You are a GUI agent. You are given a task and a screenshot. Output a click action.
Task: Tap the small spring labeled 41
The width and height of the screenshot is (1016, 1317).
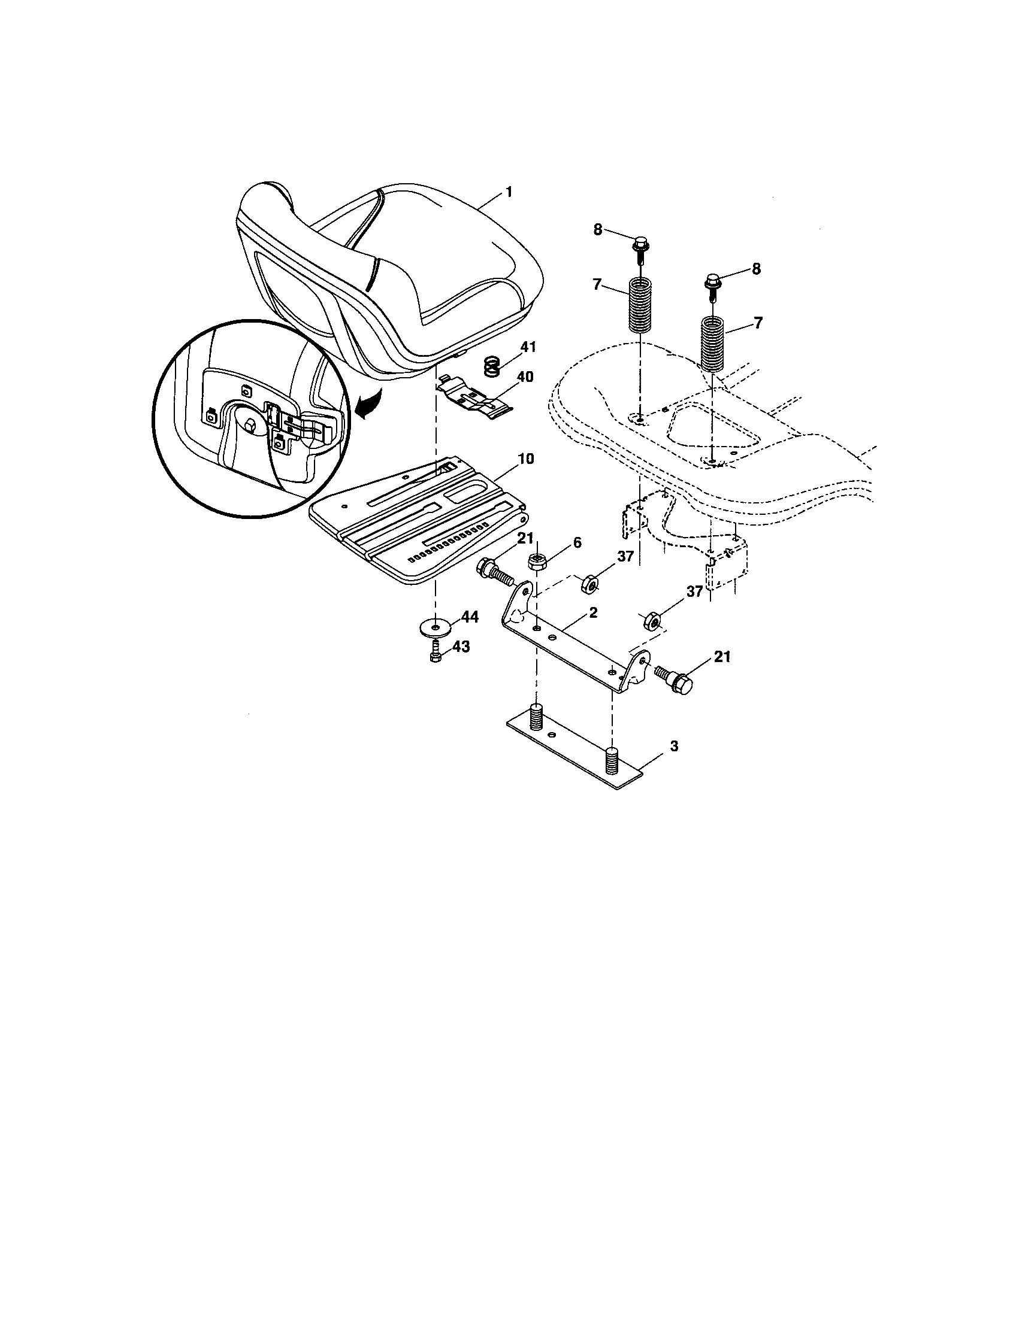(493, 366)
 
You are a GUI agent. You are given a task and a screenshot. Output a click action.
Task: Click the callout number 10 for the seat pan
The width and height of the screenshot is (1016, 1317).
(525, 459)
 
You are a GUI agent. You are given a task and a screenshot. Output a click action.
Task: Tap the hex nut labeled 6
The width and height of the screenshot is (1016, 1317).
(537, 562)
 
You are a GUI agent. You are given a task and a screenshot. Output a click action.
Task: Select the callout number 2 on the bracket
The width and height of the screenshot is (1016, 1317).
(593, 612)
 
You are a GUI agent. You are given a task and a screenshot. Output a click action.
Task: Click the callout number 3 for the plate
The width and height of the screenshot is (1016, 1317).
(674, 746)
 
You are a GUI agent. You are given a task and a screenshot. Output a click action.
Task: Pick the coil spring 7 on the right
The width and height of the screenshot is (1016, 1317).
(713, 345)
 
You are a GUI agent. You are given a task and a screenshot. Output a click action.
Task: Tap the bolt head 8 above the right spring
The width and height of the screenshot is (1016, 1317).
(712, 281)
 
